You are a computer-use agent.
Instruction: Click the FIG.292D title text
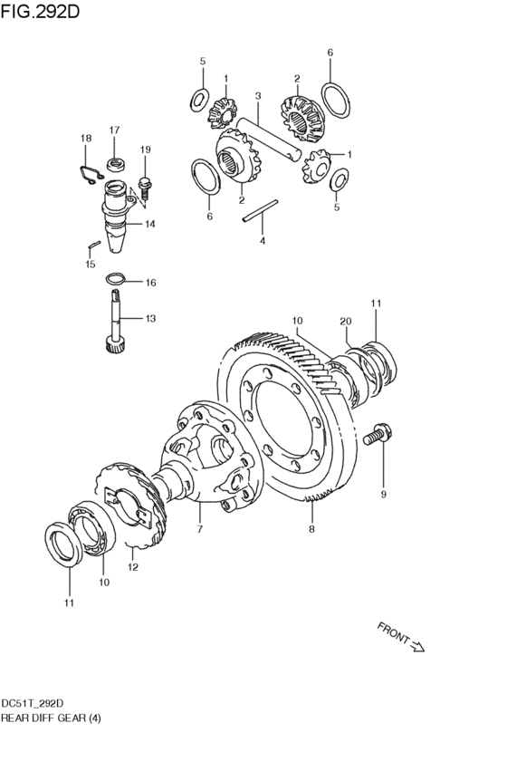tap(39, 11)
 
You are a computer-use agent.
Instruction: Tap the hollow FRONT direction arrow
tap(417, 646)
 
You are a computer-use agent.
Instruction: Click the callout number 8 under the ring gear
tap(311, 529)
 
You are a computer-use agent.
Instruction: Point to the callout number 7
tap(199, 530)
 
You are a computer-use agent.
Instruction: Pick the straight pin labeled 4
tap(260, 210)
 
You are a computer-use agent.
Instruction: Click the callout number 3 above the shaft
tap(257, 95)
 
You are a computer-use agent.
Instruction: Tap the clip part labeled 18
tap(91, 174)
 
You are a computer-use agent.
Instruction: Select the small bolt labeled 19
tap(145, 188)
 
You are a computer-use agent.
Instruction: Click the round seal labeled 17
tap(116, 164)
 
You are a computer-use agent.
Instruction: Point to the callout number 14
tap(149, 224)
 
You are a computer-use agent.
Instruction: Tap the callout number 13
tap(150, 318)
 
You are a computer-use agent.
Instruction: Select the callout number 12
tap(133, 567)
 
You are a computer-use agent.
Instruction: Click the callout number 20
tap(345, 321)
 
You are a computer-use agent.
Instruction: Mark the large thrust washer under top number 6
tap(336, 101)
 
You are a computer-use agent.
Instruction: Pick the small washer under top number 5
tap(199, 100)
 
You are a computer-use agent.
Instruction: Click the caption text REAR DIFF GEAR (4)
tap(51, 718)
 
